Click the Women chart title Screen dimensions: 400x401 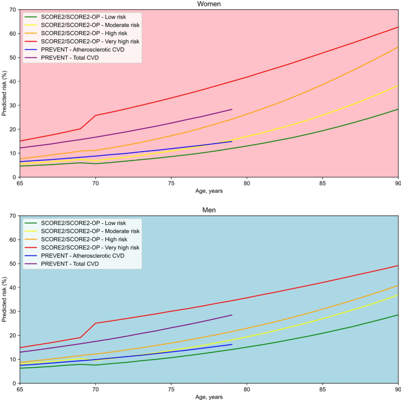[x=209, y=4]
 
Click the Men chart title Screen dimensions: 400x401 [x=209, y=210]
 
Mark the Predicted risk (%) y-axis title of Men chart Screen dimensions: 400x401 [x=4, y=299]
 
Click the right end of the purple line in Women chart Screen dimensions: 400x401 [x=232, y=110]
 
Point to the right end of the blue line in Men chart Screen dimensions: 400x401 [x=232, y=344]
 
